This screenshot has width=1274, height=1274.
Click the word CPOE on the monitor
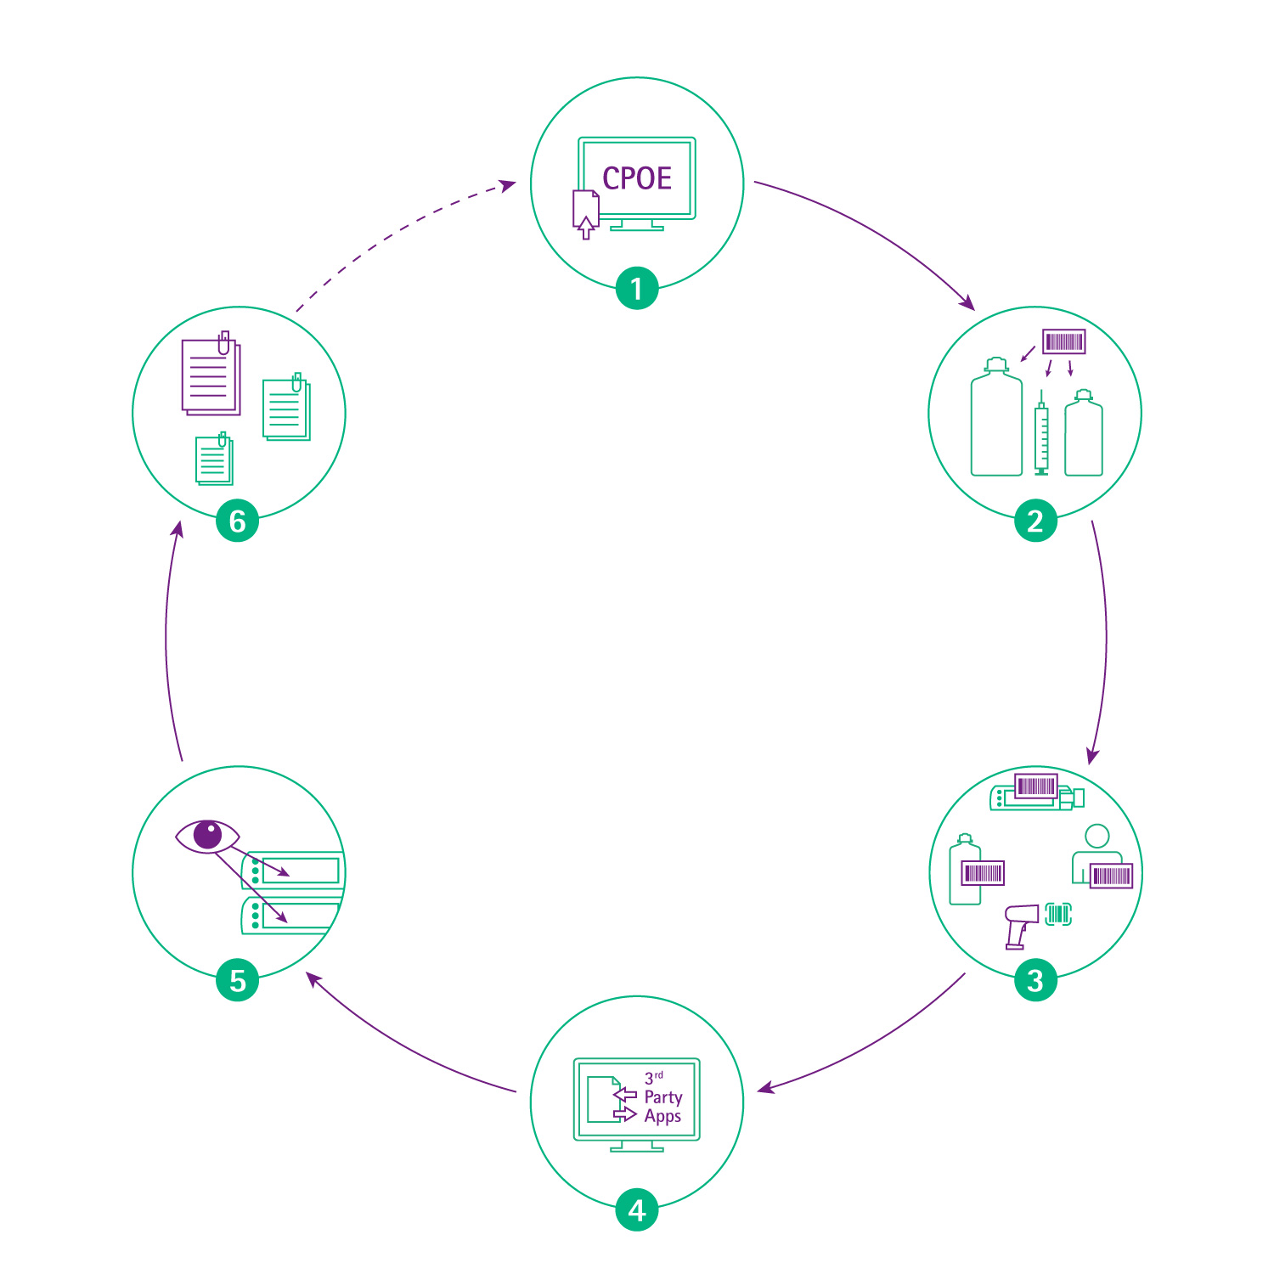637,178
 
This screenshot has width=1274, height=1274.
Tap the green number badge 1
637,289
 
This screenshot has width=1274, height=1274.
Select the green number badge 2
1035,521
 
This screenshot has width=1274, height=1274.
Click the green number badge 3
1035,980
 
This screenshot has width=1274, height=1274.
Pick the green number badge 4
637,1209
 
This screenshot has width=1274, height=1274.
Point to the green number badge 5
238,980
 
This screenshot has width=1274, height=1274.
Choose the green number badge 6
238,521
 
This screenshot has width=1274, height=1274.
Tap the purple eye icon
207,836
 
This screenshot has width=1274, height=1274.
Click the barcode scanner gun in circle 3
1019,924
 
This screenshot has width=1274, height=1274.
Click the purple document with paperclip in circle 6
211,375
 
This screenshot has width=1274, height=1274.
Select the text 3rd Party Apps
662,1099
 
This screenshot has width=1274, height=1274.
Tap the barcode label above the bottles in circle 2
1064,341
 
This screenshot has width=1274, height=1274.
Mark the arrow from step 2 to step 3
1105,637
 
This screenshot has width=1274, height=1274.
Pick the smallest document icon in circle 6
214,460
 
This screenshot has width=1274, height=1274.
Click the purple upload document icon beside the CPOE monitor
585,213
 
